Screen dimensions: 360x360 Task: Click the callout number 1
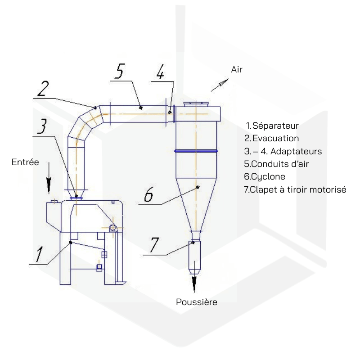[39, 254]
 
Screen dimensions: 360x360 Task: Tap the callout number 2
[43, 88]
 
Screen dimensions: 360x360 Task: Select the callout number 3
[42, 126]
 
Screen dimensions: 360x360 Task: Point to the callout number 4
[161, 72]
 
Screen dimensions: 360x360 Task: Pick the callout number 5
[120, 71]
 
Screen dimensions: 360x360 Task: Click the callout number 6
[148, 195]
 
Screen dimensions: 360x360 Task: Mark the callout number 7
[154, 245]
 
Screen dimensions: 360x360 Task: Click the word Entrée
[25, 162]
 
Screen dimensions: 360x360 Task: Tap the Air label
[237, 69]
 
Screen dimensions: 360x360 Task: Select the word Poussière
[197, 302]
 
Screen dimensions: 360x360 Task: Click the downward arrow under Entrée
[49, 178]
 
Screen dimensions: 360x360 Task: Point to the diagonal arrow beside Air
[220, 85]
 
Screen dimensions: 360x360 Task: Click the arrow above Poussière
[194, 277]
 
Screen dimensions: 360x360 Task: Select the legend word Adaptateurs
[296, 151]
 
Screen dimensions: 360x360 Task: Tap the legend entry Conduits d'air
[276, 164]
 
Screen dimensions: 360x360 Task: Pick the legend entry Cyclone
[265, 176]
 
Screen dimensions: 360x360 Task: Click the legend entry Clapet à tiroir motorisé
[295, 189]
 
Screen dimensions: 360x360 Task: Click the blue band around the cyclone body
[196, 151]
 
